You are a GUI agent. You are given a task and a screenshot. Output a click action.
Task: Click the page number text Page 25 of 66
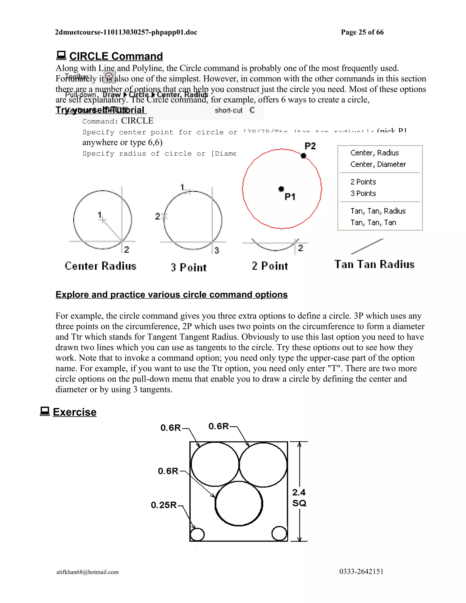[x=362, y=32]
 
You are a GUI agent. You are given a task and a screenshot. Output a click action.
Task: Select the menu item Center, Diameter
[x=378, y=164]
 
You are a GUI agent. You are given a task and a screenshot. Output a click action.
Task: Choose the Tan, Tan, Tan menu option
[x=373, y=223]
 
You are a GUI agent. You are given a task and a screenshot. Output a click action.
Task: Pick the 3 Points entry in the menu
[x=363, y=193]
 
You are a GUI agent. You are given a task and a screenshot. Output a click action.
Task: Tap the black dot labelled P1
[x=281, y=189]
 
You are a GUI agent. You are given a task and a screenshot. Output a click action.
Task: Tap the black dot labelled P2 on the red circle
[x=303, y=156]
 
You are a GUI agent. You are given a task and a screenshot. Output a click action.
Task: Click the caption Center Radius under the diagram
[x=101, y=266]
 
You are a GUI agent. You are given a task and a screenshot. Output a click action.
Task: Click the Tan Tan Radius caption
[x=374, y=264]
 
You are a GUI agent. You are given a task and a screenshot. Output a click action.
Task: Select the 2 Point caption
[x=270, y=266]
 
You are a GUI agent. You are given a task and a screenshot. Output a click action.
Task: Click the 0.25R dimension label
[x=164, y=505]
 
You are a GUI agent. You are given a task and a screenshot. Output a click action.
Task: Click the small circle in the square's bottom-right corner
[x=279, y=533]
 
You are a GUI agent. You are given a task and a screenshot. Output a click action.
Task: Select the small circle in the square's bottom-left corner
[x=197, y=534]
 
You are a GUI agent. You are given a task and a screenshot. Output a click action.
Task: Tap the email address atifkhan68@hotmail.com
[x=88, y=572]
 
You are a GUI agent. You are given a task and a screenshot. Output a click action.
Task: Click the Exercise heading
[x=75, y=412]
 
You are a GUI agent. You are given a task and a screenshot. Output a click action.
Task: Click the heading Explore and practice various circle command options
[x=171, y=295]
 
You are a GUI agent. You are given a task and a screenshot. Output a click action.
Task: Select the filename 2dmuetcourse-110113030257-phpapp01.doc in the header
[x=126, y=32]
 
